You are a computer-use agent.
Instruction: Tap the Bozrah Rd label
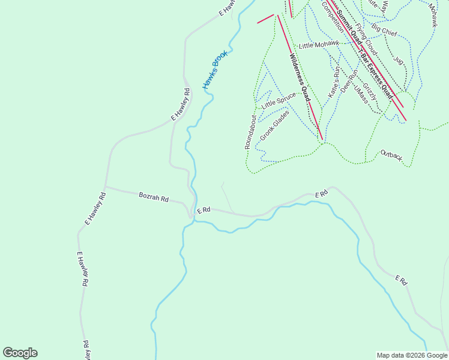pos(154,196)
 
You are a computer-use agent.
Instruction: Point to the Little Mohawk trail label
pos(319,45)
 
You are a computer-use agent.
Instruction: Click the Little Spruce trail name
pos(279,100)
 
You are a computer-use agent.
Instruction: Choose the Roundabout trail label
pos(250,131)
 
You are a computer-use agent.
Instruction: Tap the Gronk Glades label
pos(274,125)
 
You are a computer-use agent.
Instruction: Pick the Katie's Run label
pos(334,83)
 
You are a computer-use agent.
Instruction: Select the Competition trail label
pos(332,16)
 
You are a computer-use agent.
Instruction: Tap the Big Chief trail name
pos(384,28)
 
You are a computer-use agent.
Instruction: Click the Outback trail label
pos(391,155)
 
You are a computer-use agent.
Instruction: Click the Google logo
pos(20,353)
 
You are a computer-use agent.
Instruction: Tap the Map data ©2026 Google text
pos(412,355)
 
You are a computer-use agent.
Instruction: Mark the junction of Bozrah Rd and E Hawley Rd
pos(105,187)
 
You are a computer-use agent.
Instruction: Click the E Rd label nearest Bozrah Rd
pos(203,209)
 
